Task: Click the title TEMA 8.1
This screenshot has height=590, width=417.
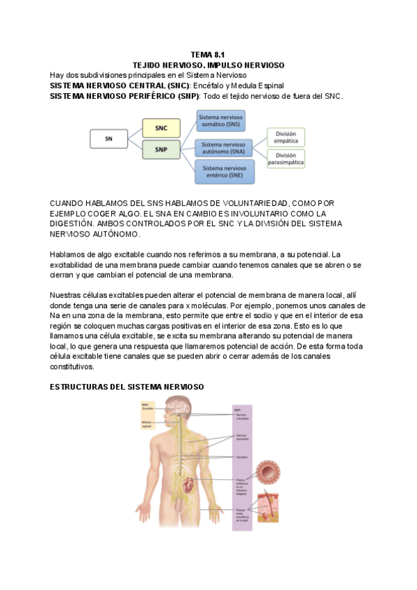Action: click(x=208, y=54)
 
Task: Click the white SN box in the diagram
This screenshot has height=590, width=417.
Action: click(x=108, y=138)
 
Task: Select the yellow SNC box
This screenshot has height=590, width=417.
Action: click(x=161, y=127)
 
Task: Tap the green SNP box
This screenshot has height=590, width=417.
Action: click(x=161, y=149)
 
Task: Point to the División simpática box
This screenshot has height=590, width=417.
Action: click(x=286, y=136)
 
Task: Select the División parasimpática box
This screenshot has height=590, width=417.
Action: click(x=286, y=159)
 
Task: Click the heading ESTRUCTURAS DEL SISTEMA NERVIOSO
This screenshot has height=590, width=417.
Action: click(x=126, y=386)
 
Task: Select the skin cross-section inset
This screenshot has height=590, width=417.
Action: click(x=268, y=508)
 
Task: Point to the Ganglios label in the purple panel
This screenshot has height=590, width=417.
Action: click(x=242, y=457)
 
